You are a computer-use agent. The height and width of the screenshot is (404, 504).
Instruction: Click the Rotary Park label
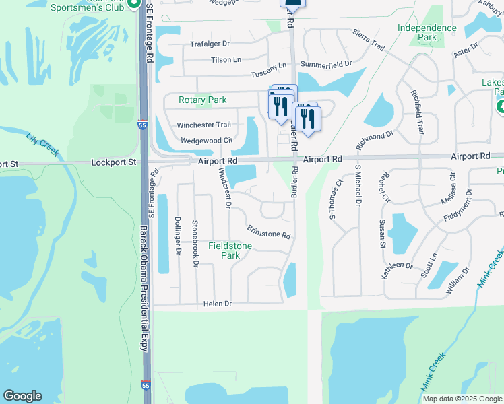point(202,100)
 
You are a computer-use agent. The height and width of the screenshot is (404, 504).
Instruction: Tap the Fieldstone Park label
point(230,250)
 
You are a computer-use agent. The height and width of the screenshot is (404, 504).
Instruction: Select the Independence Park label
point(427,32)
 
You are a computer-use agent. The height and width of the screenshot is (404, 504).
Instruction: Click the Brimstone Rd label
point(268,232)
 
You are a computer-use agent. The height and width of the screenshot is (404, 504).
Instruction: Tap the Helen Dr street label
point(217,304)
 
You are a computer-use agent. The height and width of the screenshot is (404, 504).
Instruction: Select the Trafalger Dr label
point(210,44)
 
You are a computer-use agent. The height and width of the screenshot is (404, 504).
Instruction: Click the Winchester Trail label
point(203,125)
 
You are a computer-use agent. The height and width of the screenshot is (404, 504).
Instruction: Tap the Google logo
point(22,396)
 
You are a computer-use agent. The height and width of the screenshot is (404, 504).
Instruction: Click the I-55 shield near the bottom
point(146,386)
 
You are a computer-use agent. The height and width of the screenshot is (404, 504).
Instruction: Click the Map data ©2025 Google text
point(462,399)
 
